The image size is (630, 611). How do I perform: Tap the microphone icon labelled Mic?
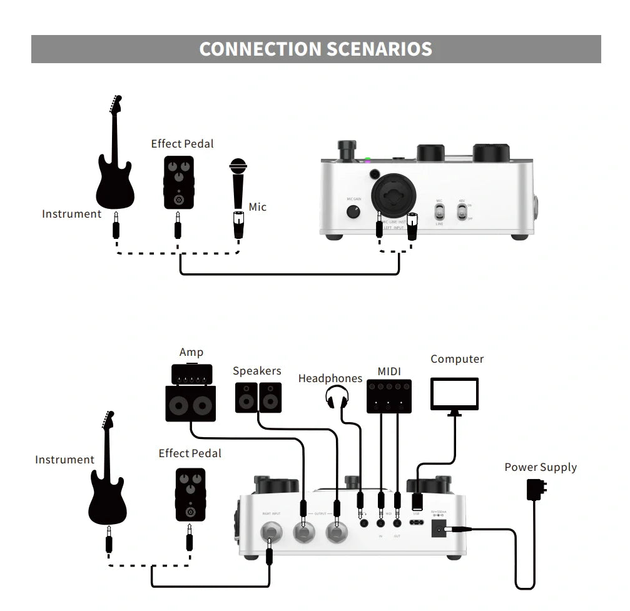tap(238, 184)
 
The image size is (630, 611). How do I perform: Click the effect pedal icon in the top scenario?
tap(178, 182)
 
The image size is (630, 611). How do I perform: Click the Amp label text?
tap(191, 353)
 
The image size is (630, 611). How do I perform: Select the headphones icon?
tap(337, 397)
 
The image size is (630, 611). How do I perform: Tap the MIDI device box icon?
tap(389, 396)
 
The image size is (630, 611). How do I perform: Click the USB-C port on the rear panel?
tap(417, 522)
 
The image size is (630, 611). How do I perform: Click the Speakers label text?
tap(257, 371)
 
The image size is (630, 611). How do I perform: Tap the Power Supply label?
tap(541, 467)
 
